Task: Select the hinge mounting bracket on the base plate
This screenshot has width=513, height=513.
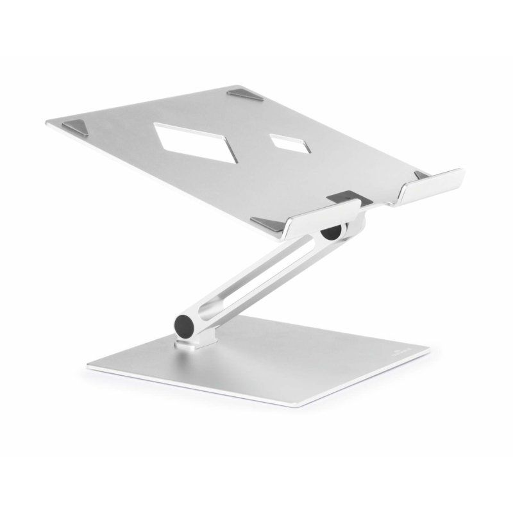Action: pyautogui.click(x=192, y=343)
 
